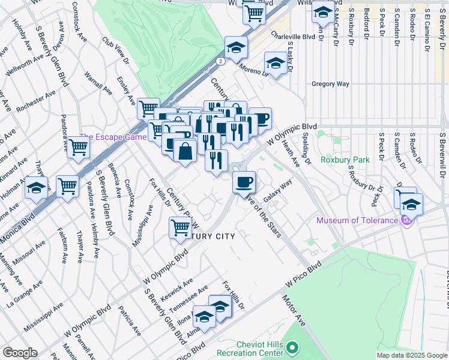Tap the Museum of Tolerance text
[x=357, y=220]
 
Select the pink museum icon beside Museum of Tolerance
[x=406, y=221]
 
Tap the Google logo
[x=19, y=353]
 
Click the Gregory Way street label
[x=330, y=84]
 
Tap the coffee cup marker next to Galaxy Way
[x=244, y=182]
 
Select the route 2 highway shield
[x=221, y=61]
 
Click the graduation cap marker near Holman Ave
[x=36, y=188]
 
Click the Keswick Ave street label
[x=179, y=284]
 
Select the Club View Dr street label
[x=116, y=52]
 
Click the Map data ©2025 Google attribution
[x=411, y=355]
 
